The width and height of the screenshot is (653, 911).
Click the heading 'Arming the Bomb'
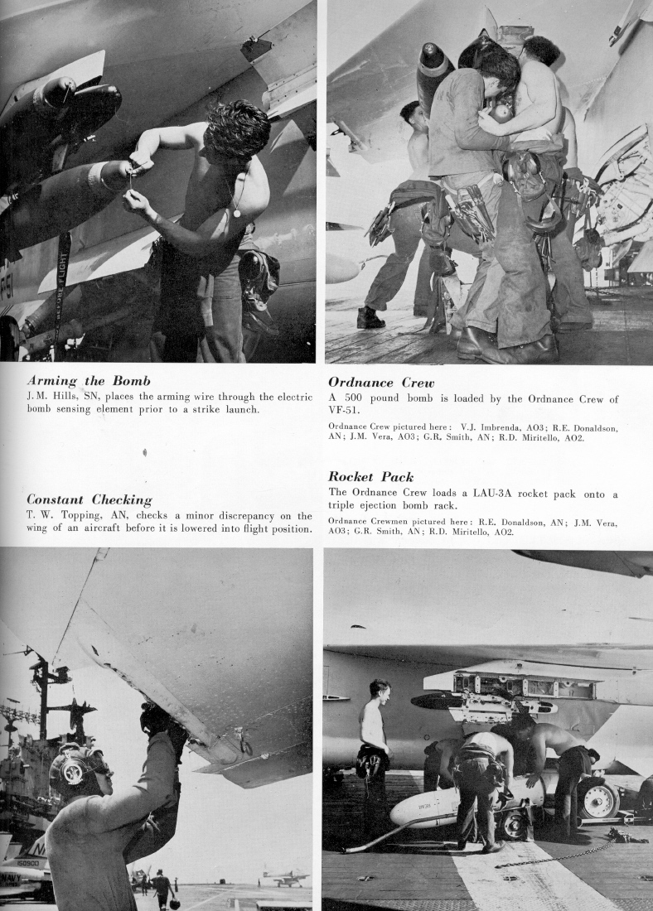89,381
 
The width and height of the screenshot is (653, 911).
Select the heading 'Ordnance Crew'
384,383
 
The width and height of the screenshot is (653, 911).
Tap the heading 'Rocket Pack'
370,477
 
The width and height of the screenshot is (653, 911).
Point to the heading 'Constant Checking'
89,500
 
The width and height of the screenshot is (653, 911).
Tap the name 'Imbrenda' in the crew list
487,427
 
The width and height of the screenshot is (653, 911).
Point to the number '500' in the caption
358,398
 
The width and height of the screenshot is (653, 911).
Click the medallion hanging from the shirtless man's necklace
237,213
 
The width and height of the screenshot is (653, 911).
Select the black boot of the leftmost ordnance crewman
370,317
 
